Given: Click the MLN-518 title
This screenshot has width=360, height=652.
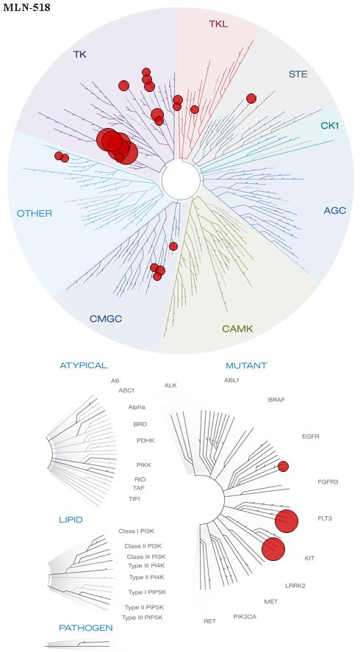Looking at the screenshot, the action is click(26, 7).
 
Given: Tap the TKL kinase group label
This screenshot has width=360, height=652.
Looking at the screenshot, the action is click(218, 24).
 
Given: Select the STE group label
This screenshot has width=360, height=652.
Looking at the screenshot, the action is click(298, 75).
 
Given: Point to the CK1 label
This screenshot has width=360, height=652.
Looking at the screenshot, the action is click(330, 125).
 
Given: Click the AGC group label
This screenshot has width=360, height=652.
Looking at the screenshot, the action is click(334, 211).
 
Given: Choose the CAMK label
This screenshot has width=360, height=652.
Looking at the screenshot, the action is click(237, 329).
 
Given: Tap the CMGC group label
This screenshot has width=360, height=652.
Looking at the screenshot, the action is click(106, 319).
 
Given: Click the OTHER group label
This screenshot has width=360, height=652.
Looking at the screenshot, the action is click(35, 214).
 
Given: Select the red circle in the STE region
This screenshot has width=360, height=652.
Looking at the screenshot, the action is click(251, 98).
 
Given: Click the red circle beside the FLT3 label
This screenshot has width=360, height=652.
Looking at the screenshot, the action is click(287, 520).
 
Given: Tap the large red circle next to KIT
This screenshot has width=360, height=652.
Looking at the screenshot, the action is click(273, 549).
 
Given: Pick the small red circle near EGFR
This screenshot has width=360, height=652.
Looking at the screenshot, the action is click(283, 467).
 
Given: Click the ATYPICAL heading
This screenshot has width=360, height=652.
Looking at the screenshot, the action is click(84, 365).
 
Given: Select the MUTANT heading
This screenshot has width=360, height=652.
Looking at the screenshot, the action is click(246, 366).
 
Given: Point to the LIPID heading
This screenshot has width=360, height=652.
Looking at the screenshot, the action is click(71, 520).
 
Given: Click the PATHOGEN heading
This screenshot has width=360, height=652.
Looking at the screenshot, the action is click(86, 628).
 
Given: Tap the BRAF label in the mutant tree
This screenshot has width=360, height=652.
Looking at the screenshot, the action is click(277, 400).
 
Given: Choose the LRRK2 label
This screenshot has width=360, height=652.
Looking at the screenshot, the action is click(295, 586).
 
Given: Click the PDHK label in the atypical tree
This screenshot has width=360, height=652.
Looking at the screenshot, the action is click(145, 440).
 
